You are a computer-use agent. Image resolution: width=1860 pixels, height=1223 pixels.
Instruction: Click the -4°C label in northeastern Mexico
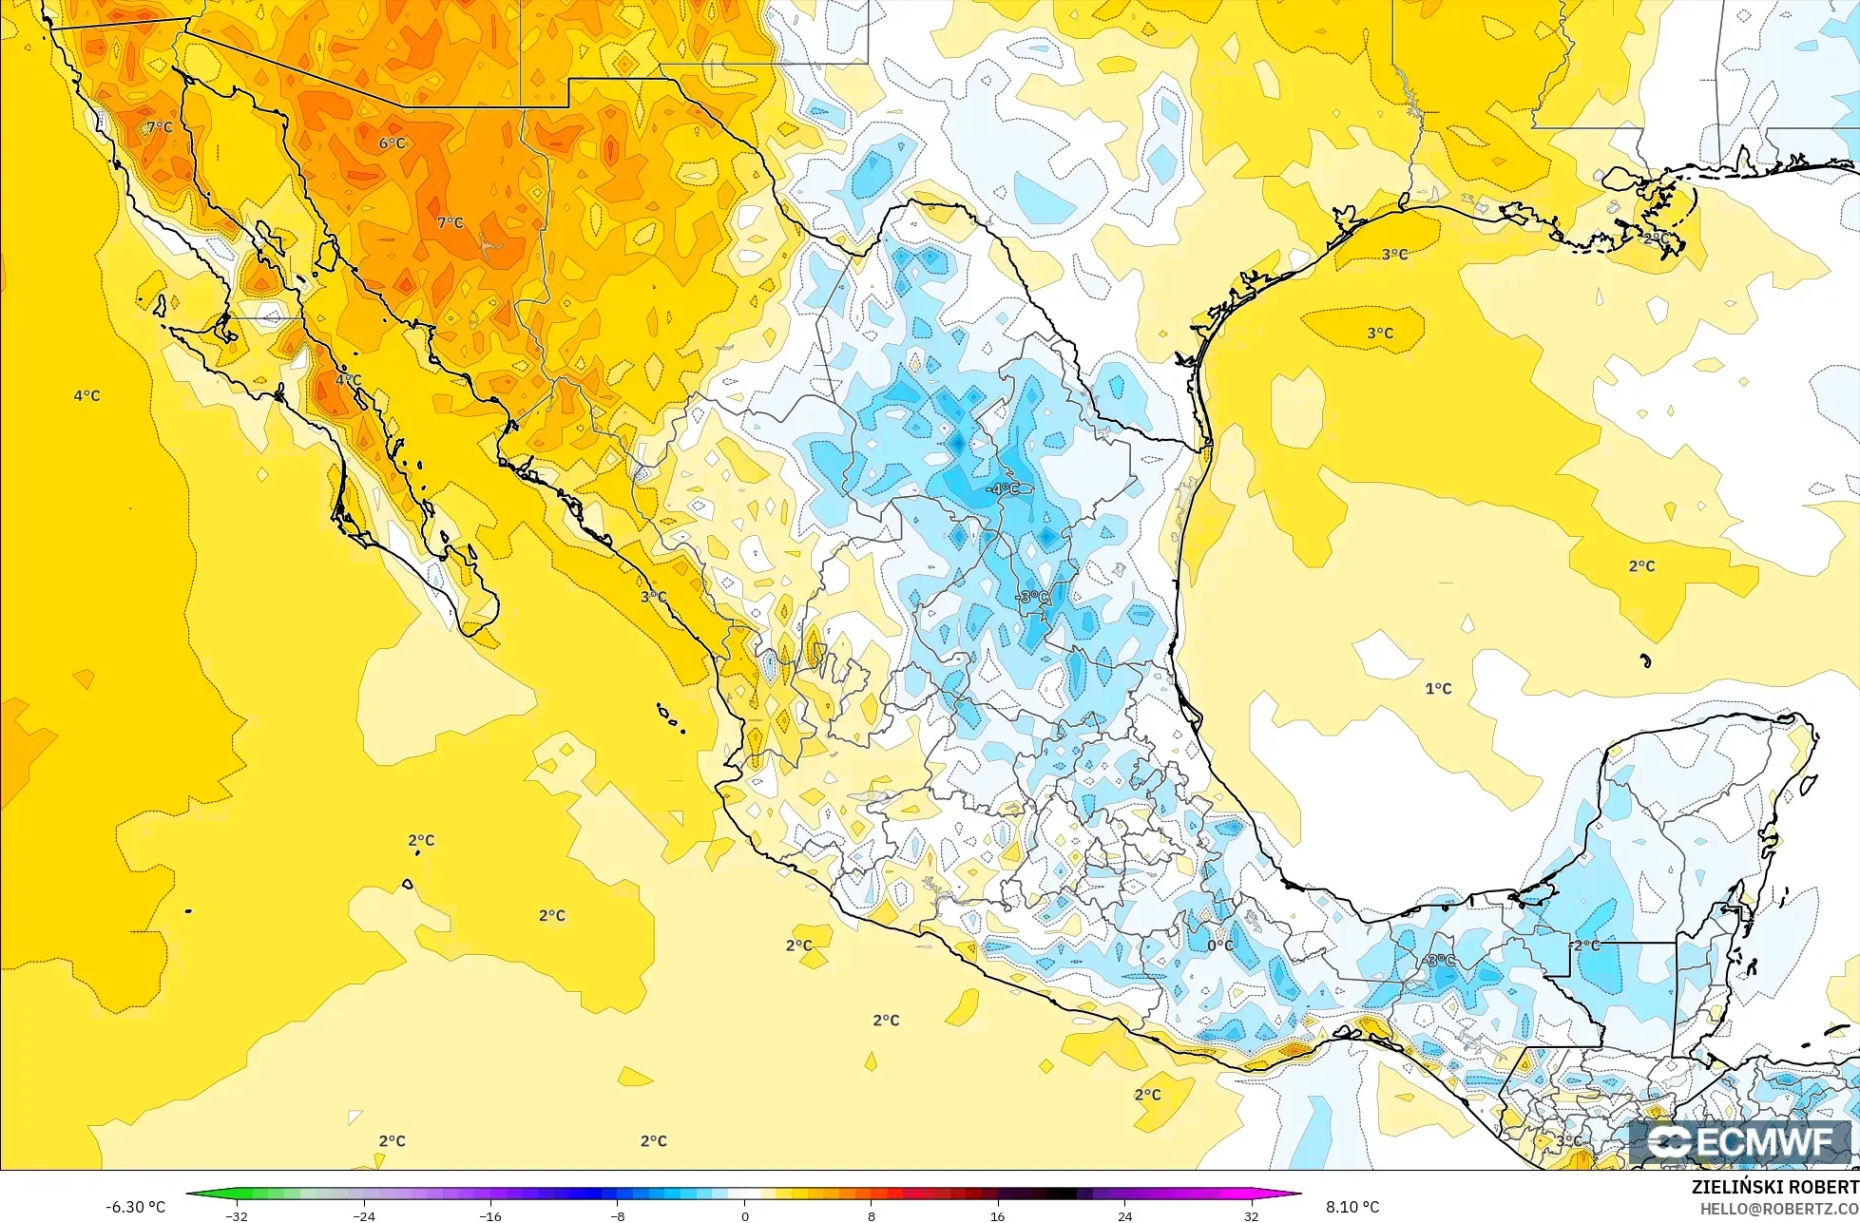(1004, 488)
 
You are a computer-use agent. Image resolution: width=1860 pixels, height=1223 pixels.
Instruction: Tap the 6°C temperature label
(393, 143)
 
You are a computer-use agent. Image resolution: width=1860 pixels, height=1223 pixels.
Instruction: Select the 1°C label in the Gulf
(1438, 689)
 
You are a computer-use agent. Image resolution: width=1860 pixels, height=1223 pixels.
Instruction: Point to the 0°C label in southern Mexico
(1220, 946)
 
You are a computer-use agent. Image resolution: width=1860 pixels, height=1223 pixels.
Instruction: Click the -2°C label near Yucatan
(1585, 946)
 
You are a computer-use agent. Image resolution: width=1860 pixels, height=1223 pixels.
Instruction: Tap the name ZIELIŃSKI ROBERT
(1774, 1187)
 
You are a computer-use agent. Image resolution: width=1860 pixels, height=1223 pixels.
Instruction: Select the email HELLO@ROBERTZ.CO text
(1779, 1209)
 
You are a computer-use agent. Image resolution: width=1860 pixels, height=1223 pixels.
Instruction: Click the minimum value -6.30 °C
(135, 1207)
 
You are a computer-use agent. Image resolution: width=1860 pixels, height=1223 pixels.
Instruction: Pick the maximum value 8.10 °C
(1352, 1207)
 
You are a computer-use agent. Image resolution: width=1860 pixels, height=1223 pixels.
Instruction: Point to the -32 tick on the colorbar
(237, 1215)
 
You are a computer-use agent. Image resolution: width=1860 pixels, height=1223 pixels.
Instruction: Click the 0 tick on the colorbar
(744, 1215)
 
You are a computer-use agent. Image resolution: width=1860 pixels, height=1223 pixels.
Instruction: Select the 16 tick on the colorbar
(998, 1215)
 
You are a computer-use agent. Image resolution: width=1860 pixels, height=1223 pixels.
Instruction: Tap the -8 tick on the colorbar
(618, 1215)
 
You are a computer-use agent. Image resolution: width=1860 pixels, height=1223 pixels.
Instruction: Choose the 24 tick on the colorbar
(1125, 1215)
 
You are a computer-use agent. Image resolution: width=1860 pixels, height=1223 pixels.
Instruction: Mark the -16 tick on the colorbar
(490, 1215)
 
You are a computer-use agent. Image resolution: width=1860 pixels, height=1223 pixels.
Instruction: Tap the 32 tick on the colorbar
(1252, 1215)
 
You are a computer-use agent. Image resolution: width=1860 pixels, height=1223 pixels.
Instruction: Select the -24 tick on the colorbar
(364, 1215)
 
